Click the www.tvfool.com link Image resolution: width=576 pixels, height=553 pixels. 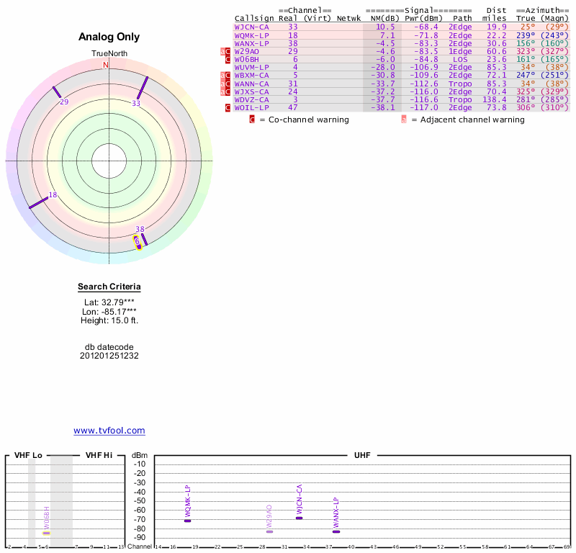point(109,431)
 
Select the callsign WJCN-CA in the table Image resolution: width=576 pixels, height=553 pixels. point(251,27)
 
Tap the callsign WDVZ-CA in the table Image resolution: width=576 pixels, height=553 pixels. point(251,99)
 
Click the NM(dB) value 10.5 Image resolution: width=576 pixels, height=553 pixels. point(387,27)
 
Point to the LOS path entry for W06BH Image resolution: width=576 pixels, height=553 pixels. point(461,59)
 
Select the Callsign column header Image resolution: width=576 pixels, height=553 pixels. point(254,18)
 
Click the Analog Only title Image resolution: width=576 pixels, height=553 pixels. point(109,37)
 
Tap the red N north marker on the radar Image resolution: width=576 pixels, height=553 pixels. point(106,66)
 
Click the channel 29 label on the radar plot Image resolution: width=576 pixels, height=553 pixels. point(64,102)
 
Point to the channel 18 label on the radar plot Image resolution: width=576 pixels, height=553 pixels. point(53,194)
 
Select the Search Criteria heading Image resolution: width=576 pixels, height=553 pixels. point(109,287)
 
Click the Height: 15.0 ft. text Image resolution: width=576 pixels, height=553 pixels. point(109,320)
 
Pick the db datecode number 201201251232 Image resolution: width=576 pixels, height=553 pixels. point(109,356)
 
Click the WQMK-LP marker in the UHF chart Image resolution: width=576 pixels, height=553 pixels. point(188,520)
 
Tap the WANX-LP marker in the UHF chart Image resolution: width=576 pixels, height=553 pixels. point(336,531)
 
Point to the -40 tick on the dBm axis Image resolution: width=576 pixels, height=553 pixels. point(140,491)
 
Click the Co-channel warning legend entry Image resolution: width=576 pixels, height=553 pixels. point(304,120)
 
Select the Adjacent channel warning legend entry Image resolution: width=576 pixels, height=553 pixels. point(467,120)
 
